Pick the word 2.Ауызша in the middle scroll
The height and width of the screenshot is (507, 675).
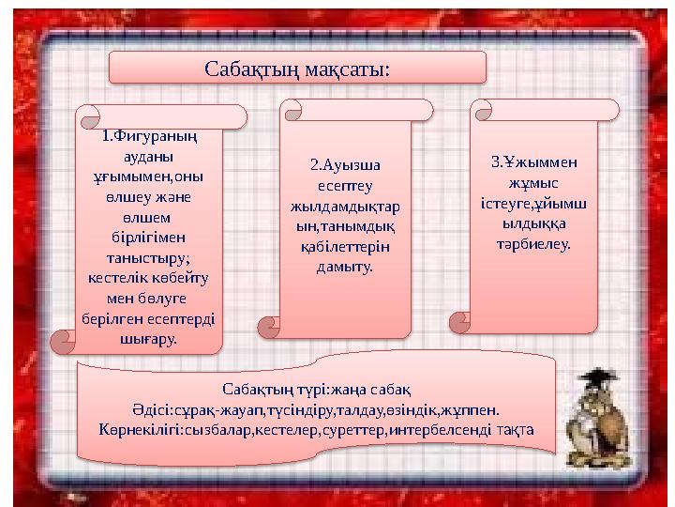click(x=346, y=165)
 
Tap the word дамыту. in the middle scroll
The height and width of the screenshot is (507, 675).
click(x=346, y=268)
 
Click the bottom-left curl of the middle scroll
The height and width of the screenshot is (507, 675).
click(x=270, y=325)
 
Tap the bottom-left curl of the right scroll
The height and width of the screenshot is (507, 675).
click(x=460, y=322)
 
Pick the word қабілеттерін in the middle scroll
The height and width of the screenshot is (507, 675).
click(x=346, y=247)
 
